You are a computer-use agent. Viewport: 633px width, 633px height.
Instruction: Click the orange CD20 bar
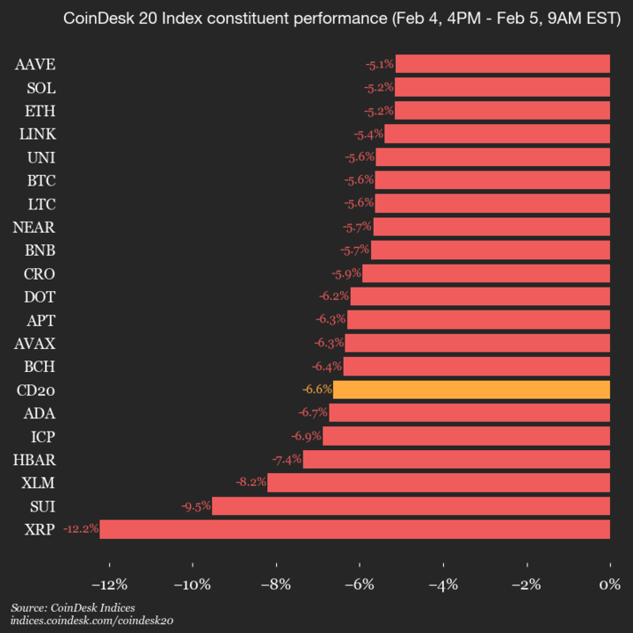point(471,389)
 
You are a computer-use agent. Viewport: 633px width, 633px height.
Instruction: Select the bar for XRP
point(354,529)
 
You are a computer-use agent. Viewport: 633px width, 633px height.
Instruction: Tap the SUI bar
point(411,506)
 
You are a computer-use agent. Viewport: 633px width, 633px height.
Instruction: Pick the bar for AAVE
point(502,64)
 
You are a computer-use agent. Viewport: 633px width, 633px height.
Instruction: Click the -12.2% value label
point(80,529)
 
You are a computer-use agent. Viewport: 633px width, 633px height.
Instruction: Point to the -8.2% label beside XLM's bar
point(250,483)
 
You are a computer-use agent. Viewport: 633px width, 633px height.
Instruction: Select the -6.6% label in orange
point(316,389)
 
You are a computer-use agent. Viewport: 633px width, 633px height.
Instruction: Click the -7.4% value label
point(286,459)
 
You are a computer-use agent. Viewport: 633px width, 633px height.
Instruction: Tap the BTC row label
point(41,180)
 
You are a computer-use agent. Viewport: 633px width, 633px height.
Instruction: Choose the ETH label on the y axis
point(41,111)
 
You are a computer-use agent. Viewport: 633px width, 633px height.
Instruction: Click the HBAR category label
point(36,459)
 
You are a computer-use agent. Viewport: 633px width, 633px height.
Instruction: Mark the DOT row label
point(40,296)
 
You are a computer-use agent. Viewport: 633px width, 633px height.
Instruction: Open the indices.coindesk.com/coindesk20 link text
point(92,621)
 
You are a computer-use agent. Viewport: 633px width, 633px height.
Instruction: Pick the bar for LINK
point(497,134)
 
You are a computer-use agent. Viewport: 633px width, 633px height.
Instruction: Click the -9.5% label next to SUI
point(195,506)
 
